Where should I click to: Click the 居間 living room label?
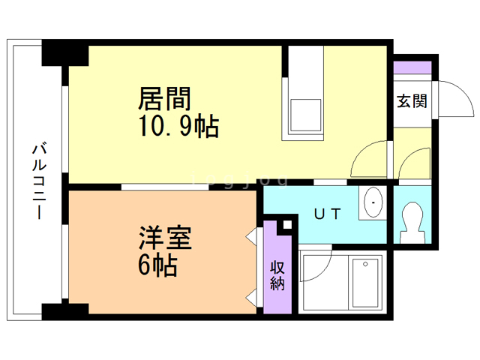(163, 99)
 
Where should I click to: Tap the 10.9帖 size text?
(178, 127)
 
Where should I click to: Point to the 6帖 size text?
(157, 264)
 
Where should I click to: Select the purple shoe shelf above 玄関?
(412, 67)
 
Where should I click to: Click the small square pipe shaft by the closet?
(286, 225)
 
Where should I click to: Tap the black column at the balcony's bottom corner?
(64, 310)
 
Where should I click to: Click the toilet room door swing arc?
(413, 166)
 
